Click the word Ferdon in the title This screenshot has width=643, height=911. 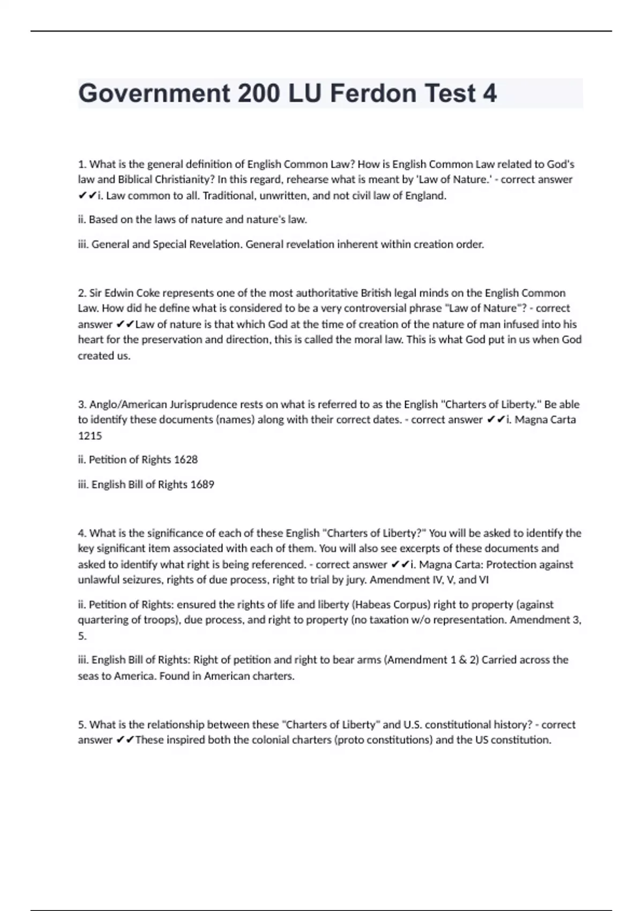point(373,93)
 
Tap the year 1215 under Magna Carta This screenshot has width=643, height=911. point(89,436)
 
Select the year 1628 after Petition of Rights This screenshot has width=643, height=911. point(186,459)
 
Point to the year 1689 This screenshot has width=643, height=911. point(202,484)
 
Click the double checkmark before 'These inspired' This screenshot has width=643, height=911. point(125,740)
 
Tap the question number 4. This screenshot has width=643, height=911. point(82,533)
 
